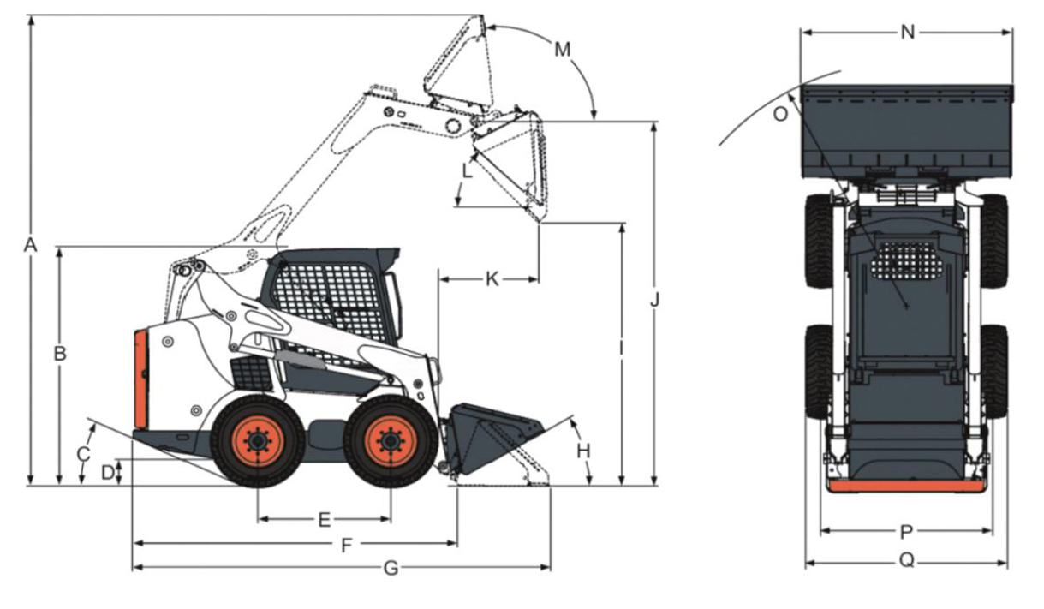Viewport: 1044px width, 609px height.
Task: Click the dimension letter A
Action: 30,245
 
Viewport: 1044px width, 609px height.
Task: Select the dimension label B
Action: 60,354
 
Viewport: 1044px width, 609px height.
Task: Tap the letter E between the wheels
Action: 325,520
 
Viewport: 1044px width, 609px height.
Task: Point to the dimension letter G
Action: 391,568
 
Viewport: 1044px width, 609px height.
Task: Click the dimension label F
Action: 346,545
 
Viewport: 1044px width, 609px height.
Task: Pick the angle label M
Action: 563,50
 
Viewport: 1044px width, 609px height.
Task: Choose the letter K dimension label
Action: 492,279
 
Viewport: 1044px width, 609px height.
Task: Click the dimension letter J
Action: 655,300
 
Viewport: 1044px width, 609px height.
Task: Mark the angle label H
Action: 583,451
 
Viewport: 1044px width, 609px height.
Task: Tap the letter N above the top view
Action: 908,33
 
